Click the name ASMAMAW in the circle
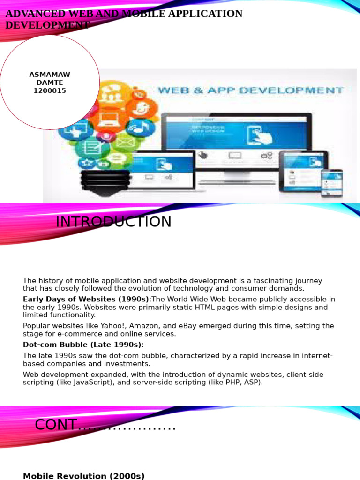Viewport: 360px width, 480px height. [50, 75]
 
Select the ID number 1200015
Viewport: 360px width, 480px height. [50, 91]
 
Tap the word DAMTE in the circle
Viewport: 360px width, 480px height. [50, 82]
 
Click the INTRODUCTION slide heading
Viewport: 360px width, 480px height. [113, 222]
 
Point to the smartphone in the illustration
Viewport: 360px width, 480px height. [332, 183]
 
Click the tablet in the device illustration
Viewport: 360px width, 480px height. [303, 171]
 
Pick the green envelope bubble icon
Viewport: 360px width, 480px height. [125, 142]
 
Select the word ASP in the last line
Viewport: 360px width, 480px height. [253, 382]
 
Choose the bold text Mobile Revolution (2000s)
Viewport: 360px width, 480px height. [83, 476]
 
